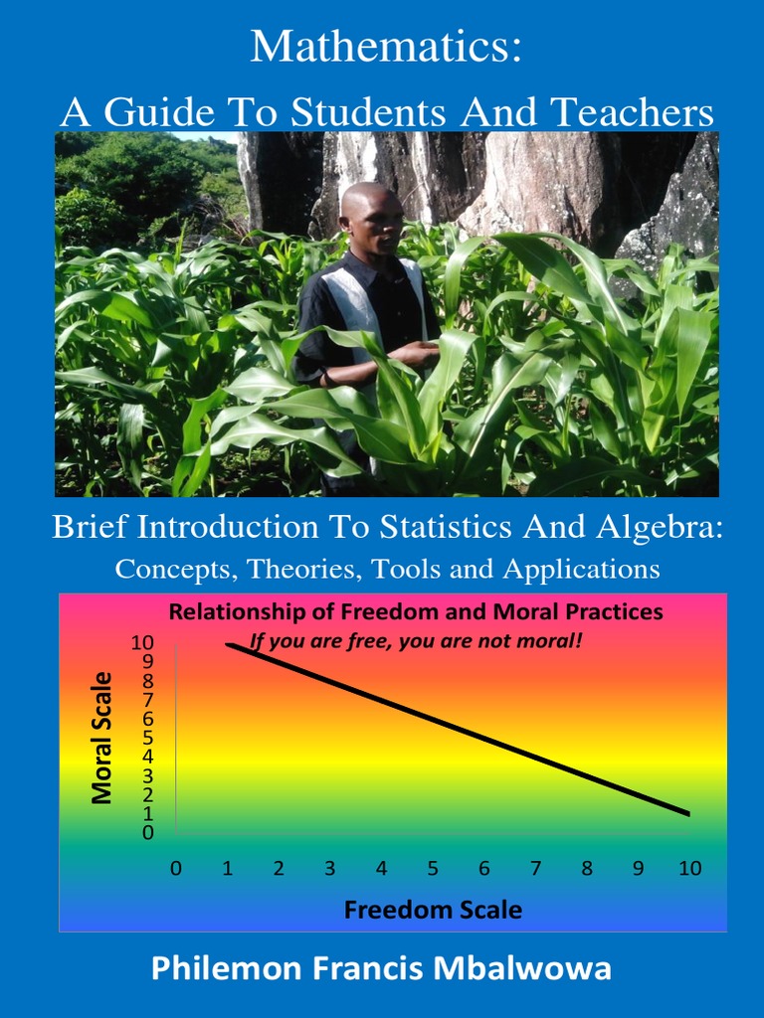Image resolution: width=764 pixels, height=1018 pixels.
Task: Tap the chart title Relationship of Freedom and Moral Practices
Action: (416, 612)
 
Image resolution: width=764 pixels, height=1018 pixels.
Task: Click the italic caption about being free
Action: (416, 641)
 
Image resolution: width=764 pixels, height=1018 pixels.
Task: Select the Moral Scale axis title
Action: (101, 738)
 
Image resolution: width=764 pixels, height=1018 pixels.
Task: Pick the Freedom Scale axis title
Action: (433, 909)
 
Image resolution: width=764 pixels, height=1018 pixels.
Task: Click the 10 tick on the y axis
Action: (142, 643)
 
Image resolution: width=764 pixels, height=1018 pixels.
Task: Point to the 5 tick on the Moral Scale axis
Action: (147, 738)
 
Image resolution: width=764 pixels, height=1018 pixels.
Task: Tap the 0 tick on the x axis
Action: (176, 868)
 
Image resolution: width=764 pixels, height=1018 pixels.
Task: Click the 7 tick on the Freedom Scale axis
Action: (535, 868)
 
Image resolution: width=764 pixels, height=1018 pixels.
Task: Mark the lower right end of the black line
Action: (688, 814)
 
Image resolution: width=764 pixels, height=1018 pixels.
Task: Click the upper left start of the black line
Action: (228, 644)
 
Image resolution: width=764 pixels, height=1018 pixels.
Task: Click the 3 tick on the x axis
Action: (330, 868)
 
